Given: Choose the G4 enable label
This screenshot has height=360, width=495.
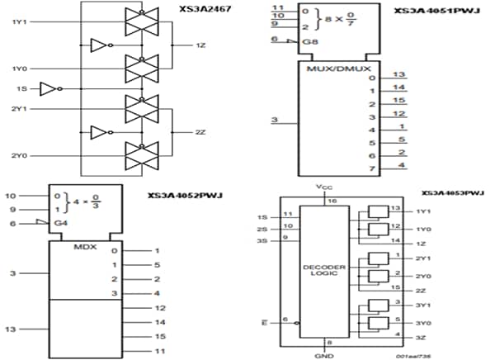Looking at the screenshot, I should tap(61, 224).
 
